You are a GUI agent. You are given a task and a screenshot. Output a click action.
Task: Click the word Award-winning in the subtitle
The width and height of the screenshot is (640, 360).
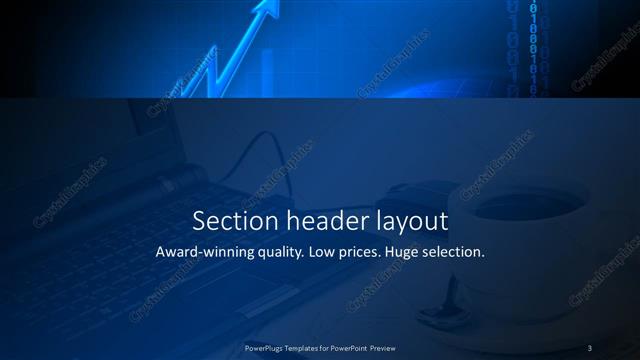206,252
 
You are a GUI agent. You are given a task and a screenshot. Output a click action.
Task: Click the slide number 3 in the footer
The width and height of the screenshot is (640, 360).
590,347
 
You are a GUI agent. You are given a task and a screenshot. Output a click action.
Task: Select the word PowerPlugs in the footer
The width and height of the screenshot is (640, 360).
267,347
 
